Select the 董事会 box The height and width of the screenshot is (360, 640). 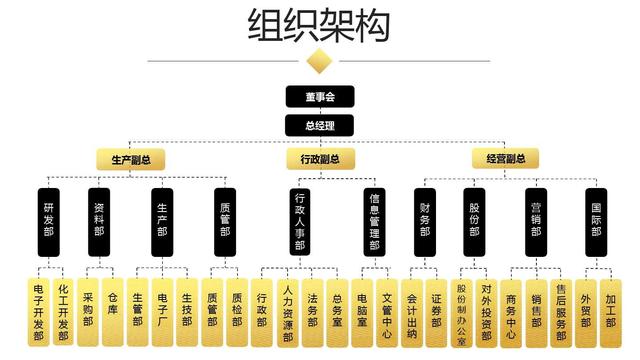[x=319, y=97]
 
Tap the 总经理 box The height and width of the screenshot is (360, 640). [x=319, y=125]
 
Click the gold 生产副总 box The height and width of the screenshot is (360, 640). [x=131, y=158]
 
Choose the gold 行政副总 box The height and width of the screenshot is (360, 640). [x=319, y=158]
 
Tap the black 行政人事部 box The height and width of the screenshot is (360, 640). [x=299, y=225]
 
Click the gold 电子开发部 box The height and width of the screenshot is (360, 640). [x=38, y=310]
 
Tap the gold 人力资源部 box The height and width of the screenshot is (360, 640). [x=287, y=310]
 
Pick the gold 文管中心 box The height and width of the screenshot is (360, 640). [x=386, y=310]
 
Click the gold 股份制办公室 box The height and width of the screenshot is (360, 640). [x=462, y=310]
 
